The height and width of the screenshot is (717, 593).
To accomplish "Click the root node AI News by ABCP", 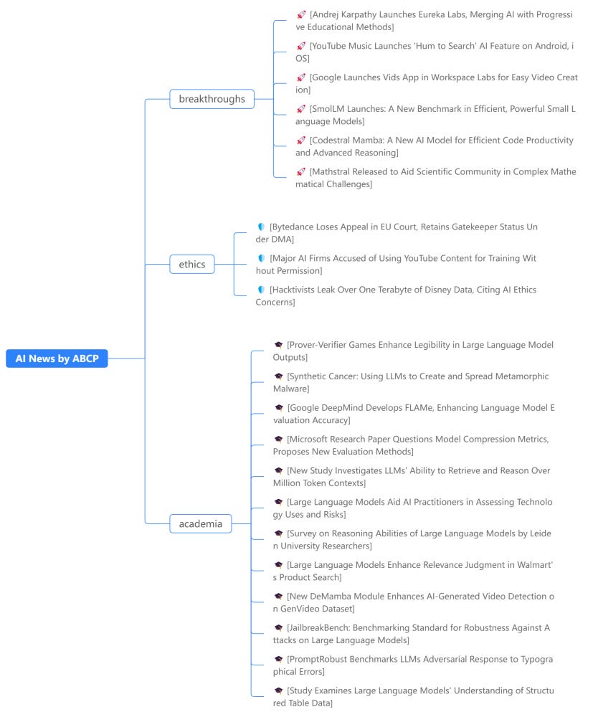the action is [57, 358].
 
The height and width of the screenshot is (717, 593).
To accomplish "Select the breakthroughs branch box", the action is [212, 99].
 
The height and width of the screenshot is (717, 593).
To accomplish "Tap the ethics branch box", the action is [192, 265].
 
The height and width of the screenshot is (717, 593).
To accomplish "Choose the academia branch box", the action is [200, 523].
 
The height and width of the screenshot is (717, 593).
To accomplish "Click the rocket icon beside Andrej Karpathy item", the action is [301, 14].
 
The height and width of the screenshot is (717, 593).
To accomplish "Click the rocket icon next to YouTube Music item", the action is [301, 46].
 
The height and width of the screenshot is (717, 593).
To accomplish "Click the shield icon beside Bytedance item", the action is [261, 227].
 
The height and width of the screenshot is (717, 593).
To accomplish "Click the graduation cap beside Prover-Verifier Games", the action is [278, 345].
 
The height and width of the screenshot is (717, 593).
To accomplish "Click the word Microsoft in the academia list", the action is [307, 440].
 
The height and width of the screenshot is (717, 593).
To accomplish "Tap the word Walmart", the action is [534, 565].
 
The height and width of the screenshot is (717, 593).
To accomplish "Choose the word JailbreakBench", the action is [318, 628].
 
